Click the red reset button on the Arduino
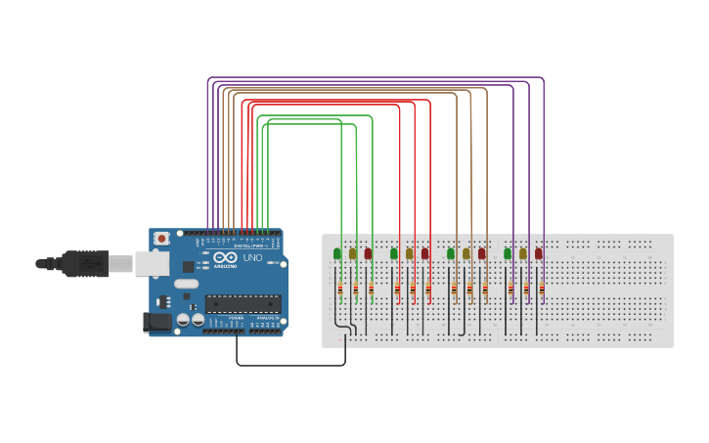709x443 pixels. click(161, 239)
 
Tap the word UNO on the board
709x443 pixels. click(252, 258)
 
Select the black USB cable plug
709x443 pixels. click(85, 264)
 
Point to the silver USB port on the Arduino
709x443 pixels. click(151, 263)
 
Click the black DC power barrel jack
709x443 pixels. click(156, 323)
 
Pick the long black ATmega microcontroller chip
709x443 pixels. click(242, 304)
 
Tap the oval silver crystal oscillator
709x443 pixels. click(187, 284)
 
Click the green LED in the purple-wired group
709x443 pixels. click(508, 253)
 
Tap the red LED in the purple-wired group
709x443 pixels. click(539, 253)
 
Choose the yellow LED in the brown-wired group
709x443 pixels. click(466, 253)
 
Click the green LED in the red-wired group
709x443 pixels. click(394, 253)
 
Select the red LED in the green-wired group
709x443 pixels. click(369, 253)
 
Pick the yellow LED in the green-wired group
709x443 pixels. click(353, 253)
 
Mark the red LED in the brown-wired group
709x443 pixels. click(482, 253)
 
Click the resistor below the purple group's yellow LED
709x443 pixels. click(526, 288)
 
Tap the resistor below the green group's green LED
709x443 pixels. click(340, 288)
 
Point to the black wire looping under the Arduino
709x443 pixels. click(290, 365)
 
